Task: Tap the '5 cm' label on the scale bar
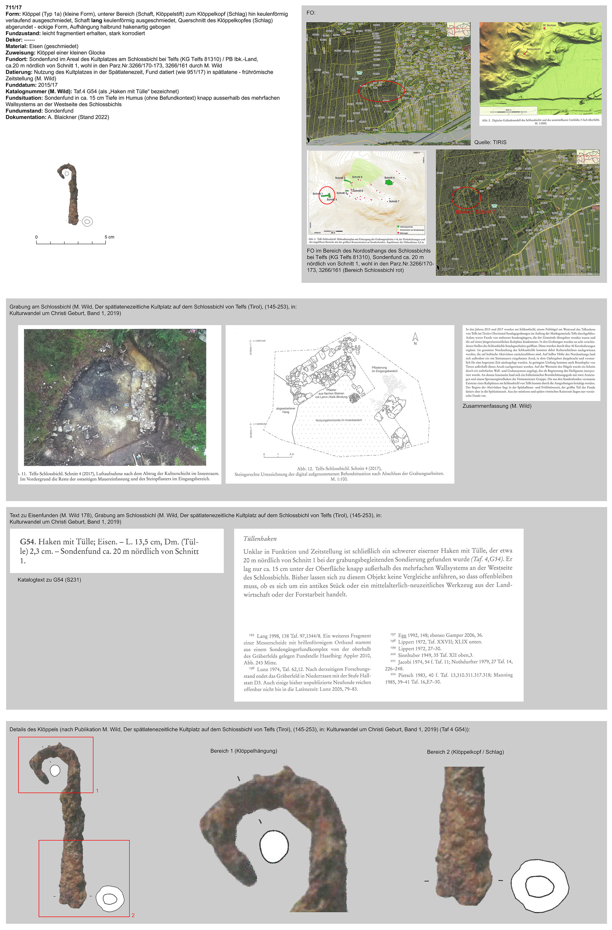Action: [109, 237]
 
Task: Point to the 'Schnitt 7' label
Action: [394, 201]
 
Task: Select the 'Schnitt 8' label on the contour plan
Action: [357, 177]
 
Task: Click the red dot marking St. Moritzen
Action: [544, 28]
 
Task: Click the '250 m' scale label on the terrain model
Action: [508, 110]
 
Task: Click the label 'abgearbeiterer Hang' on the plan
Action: [286, 410]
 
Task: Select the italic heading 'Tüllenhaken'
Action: [260, 538]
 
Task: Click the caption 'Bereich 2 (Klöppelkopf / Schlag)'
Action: [465, 752]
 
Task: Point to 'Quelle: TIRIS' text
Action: [490, 142]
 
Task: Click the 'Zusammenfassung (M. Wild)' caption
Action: [497, 406]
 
